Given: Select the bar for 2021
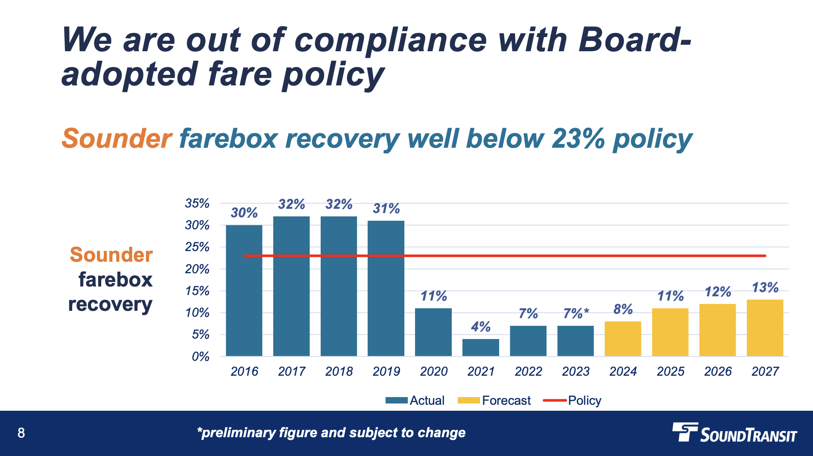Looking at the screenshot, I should (480, 348).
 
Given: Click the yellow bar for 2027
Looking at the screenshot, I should (765, 328).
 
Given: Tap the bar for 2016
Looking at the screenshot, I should (244, 290).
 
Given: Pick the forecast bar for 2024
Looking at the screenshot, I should (623, 339).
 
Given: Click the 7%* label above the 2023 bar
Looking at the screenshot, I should (576, 313).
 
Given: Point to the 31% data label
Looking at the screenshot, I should (386, 208).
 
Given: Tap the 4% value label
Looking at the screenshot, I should (480, 327).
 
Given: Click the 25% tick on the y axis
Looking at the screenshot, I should (197, 247).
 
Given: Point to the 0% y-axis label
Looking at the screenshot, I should (200, 357).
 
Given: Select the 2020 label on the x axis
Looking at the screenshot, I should (433, 371).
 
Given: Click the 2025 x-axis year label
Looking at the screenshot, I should (670, 371).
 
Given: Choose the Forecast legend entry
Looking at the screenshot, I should (494, 400).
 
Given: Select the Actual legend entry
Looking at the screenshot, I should (415, 400).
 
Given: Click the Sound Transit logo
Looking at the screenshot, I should (734, 433).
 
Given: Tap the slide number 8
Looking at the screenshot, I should (21, 433).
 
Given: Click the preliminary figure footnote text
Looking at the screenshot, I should (331, 433).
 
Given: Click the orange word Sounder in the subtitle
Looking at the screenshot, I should (117, 139).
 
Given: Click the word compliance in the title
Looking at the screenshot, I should (390, 41).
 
